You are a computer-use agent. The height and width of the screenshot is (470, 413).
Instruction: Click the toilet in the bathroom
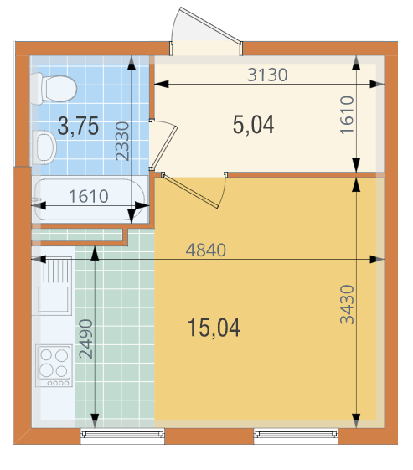coord(54,89)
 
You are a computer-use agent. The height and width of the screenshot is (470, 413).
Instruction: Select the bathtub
coord(90,199)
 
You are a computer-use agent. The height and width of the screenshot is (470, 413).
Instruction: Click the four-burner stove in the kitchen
coord(54,365)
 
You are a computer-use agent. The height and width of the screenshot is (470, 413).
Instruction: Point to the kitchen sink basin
coord(53,299)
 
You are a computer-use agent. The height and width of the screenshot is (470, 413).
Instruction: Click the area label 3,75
coord(78,127)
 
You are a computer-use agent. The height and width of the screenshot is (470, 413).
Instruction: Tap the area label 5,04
coord(253,124)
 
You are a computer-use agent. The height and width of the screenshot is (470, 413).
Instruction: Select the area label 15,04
coord(214,328)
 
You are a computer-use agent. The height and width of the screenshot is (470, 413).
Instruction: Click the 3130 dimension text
coord(267,75)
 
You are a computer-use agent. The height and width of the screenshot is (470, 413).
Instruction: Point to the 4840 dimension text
coord(206,250)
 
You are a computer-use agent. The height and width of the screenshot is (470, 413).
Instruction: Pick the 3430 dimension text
coord(347,305)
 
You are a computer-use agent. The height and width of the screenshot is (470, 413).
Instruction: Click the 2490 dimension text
coord(85,339)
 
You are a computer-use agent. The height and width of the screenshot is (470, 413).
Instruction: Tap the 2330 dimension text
coord(122,141)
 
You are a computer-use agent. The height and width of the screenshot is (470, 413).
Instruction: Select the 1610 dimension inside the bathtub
coord(89,196)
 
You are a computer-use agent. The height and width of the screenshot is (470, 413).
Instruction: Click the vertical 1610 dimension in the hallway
coord(347,115)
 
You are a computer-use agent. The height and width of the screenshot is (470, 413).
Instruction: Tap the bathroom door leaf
coord(163,147)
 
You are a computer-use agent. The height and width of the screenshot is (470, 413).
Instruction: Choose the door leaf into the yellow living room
coord(189,191)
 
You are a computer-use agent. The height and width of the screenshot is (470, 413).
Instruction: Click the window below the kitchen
coord(122,436)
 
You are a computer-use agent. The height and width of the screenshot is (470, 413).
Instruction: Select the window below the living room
coord(296,436)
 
